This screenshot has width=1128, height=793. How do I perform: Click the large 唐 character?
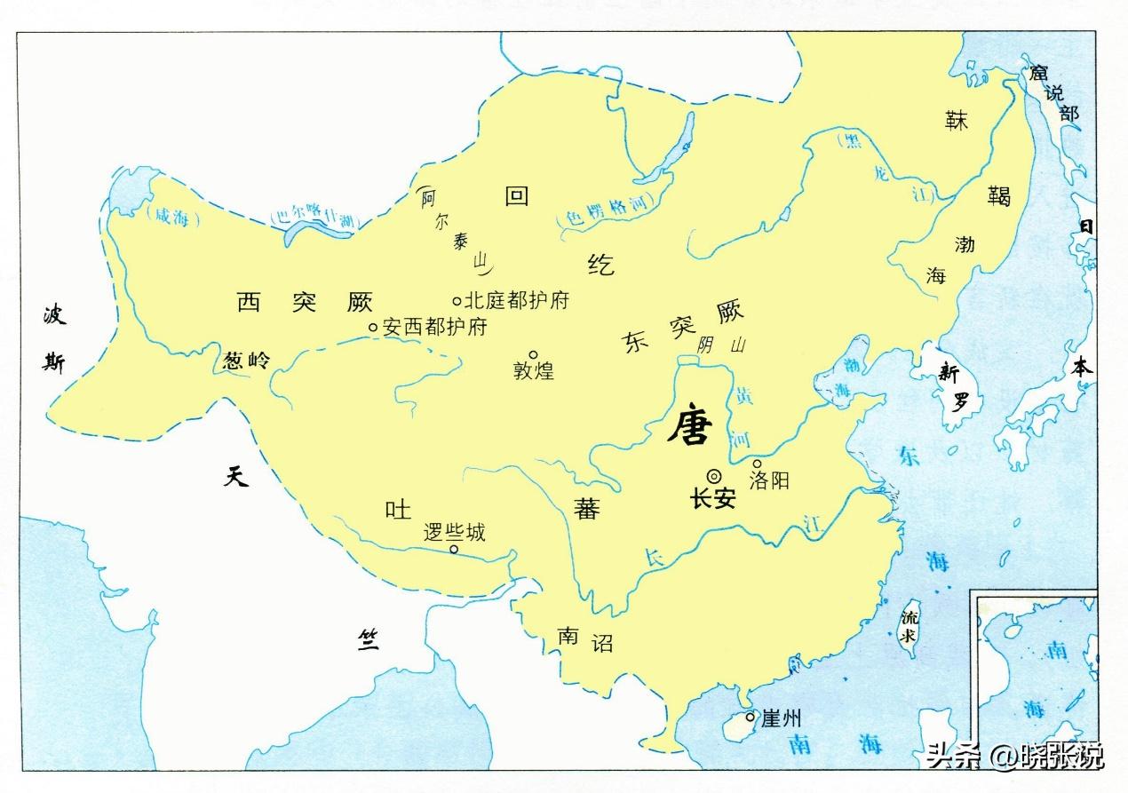(690, 426)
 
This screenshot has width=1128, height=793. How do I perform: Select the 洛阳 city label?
(769, 481)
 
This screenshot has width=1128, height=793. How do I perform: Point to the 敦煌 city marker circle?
(534, 354)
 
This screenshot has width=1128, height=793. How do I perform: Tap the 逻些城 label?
(454, 532)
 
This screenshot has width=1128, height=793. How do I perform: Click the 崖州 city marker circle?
(751, 717)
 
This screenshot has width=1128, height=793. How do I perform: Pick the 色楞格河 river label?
(601, 213)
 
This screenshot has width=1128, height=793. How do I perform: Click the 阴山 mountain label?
(721, 345)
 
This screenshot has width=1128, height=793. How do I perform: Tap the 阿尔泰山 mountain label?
(452, 226)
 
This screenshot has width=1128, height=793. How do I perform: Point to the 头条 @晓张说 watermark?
(1013, 757)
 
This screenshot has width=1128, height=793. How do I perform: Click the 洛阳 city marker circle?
(757, 464)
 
